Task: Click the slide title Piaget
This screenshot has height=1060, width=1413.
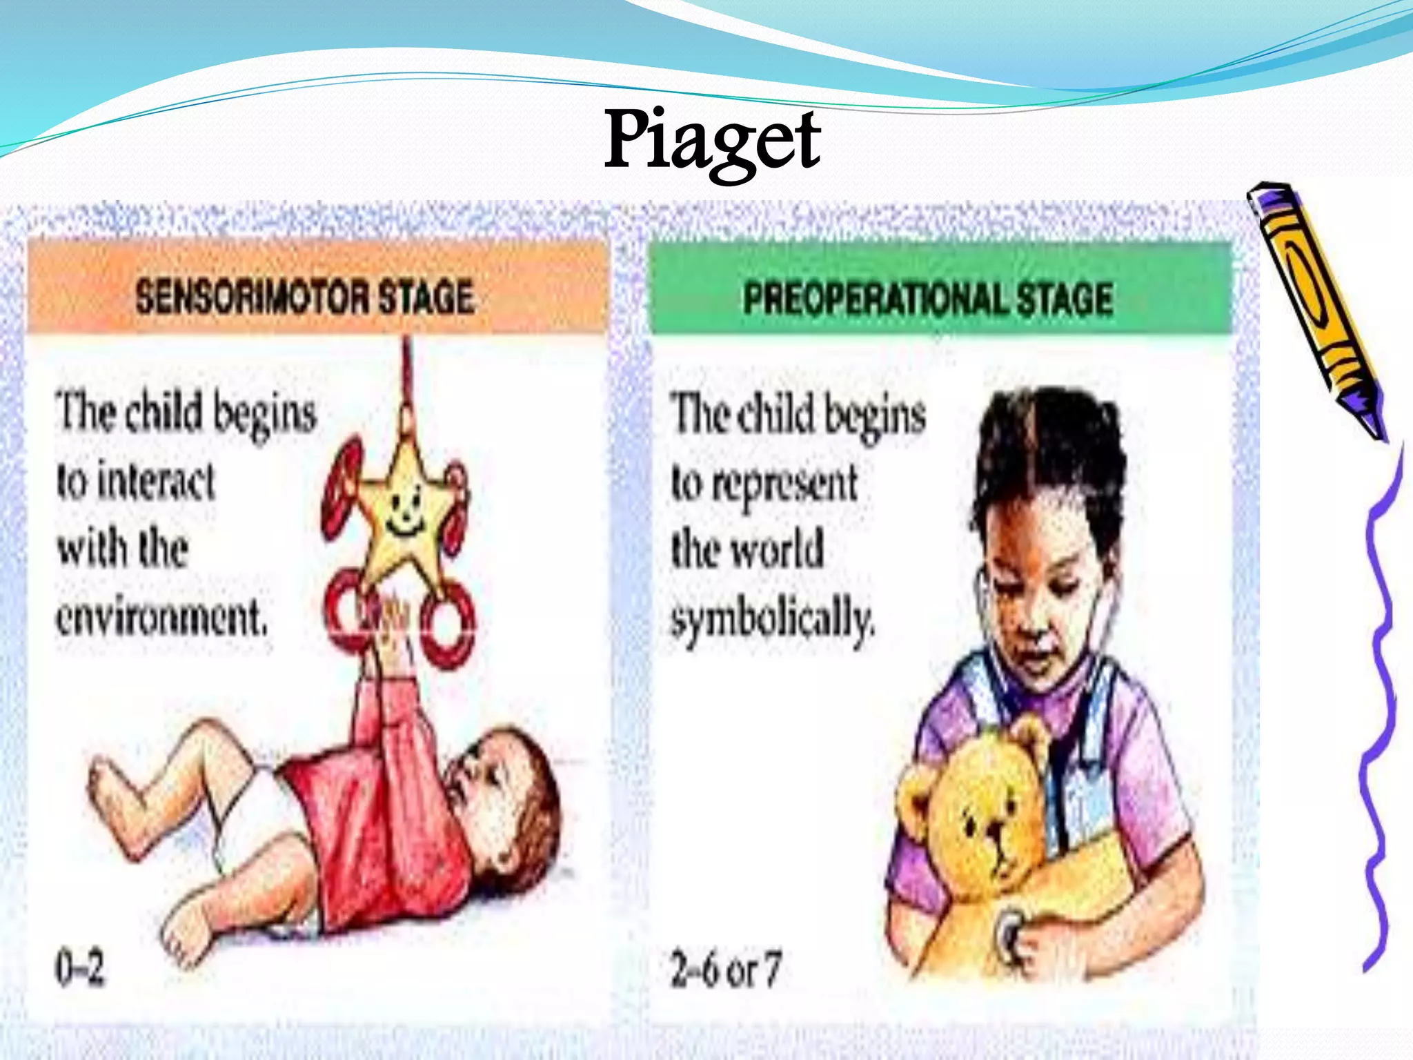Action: pyautogui.click(x=712, y=141)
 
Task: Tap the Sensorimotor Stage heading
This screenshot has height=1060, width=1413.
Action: pyautogui.click(x=304, y=297)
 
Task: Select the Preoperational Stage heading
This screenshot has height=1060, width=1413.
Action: pyautogui.click(x=928, y=300)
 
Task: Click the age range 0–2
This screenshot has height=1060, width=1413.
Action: pyautogui.click(x=79, y=968)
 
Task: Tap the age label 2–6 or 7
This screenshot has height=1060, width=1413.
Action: pyautogui.click(x=725, y=969)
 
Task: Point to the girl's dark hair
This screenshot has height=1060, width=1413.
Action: pyautogui.click(x=1049, y=449)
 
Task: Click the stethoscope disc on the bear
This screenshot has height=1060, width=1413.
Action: pyautogui.click(x=1009, y=932)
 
